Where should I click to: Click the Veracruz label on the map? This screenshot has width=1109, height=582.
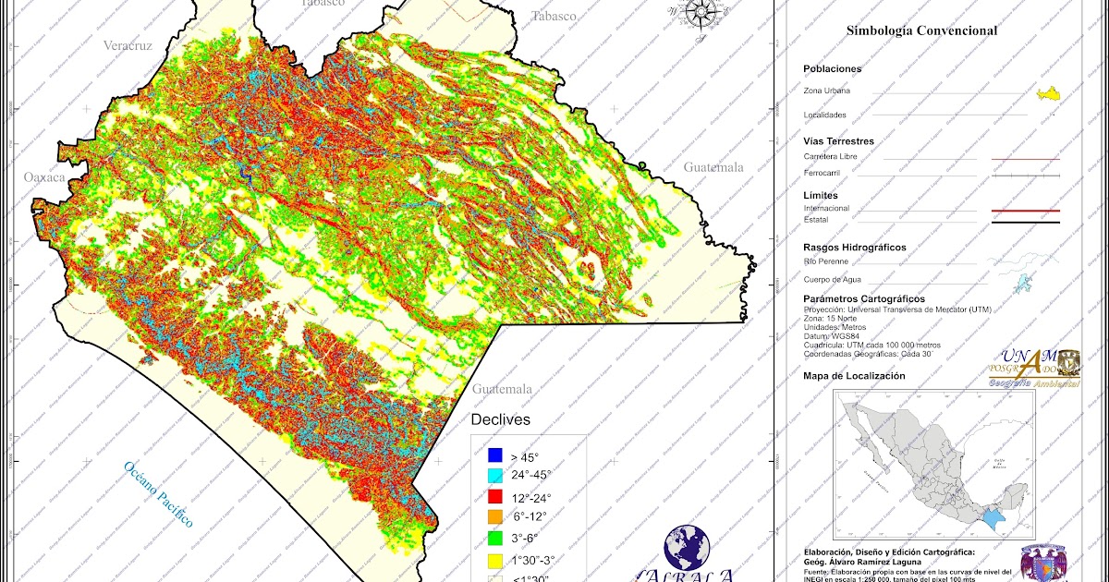click(128, 45)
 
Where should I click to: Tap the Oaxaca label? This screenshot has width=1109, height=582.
click(45, 176)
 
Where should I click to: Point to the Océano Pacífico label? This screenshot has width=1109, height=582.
click(159, 494)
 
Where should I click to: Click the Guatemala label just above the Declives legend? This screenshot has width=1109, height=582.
click(502, 389)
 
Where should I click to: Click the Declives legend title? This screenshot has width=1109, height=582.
click(500, 419)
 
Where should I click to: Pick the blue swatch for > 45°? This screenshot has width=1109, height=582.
click(494, 455)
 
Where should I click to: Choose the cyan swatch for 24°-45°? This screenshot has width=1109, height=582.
click(494, 476)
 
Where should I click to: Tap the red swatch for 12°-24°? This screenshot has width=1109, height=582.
click(494, 497)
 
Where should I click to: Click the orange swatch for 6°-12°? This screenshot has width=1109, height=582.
click(494, 517)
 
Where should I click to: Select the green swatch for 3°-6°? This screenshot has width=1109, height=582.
click(494, 538)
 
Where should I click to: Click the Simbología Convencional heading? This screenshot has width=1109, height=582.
click(921, 30)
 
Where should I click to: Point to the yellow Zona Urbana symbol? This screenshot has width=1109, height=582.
click(1047, 93)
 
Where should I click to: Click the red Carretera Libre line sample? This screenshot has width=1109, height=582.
click(1025, 160)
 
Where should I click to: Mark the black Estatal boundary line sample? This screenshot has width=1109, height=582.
click(1025, 223)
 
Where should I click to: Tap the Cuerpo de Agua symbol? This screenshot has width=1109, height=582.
click(1022, 283)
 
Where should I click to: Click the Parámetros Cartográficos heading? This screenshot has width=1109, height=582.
click(863, 299)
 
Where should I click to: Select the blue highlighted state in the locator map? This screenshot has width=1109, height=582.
click(993, 520)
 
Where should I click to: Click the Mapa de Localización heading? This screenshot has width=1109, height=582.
click(854, 376)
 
